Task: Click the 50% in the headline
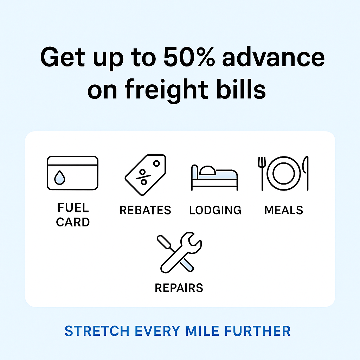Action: click(x=189, y=57)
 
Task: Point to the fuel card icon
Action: click(x=72, y=173)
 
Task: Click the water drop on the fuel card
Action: click(x=59, y=178)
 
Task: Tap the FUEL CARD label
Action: click(x=73, y=215)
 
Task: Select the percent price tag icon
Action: click(x=145, y=175)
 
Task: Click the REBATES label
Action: click(x=145, y=210)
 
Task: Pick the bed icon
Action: click(x=214, y=178)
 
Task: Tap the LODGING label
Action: click(x=215, y=210)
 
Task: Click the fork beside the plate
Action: click(x=262, y=174)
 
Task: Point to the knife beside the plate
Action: click(x=306, y=173)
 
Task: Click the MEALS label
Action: click(x=284, y=210)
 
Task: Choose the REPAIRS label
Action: click(x=179, y=288)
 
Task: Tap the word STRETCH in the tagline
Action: click(x=97, y=331)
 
